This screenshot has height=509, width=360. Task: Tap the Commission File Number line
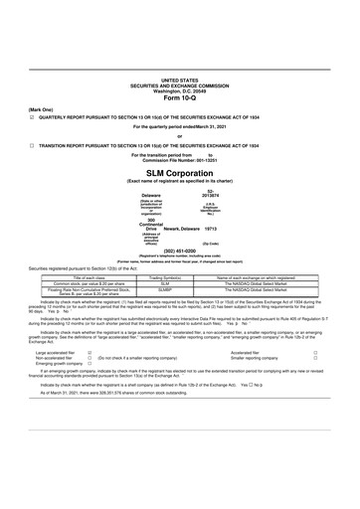(x=180, y=160)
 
